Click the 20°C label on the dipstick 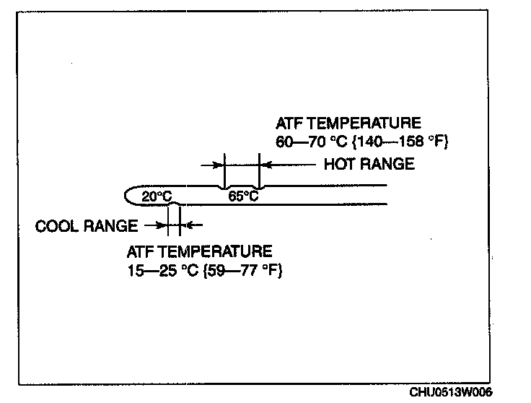(x=157, y=196)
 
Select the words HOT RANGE (x=369, y=164)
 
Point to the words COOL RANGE (x=87, y=226)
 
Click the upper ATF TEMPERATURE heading (x=348, y=123)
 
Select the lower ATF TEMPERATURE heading (x=200, y=252)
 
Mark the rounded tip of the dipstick (x=130, y=195)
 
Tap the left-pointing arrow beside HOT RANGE (x=289, y=165)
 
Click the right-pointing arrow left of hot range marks (x=212, y=165)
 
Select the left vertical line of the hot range (x=225, y=170)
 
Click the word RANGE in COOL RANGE (x=114, y=226)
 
